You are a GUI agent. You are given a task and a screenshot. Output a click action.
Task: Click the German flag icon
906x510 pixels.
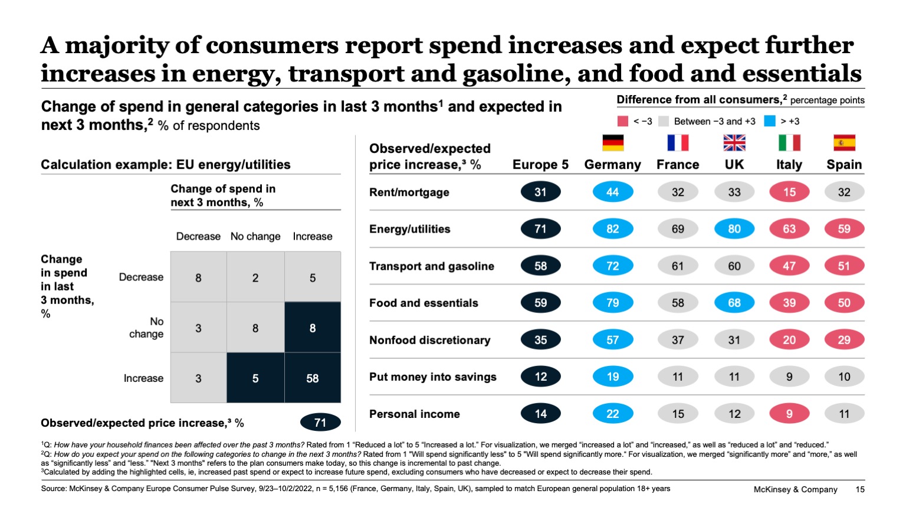click(612, 143)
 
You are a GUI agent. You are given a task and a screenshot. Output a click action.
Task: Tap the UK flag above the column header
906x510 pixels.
click(734, 143)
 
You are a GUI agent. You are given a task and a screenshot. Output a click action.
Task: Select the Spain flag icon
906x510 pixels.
click(844, 143)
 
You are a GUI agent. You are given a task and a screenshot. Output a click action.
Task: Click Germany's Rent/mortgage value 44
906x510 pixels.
click(612, 192)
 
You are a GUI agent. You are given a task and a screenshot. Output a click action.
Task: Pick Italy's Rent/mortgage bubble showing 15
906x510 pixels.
click(789, 192)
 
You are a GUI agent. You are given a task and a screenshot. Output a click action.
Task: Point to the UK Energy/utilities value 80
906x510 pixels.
click(734, 229)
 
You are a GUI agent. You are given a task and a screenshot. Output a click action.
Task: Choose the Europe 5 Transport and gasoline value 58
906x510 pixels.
click(540, 266)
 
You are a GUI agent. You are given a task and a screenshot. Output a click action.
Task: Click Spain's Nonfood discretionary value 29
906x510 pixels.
click(844, 340)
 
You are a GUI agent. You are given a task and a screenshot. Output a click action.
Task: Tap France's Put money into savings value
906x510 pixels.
click(678, 377)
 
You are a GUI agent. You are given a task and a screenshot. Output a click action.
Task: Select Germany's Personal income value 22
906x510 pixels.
click(612, 414)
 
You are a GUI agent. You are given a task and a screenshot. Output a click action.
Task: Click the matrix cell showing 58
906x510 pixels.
click(313, 378)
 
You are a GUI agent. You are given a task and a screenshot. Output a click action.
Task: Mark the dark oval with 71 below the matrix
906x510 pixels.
click(320, 423)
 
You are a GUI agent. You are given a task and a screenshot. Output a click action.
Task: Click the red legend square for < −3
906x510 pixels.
click(623, 121)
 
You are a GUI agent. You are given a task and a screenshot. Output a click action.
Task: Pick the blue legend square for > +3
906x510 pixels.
click(769, 121)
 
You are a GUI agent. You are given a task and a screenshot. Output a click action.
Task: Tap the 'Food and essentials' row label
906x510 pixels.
click(424, 303)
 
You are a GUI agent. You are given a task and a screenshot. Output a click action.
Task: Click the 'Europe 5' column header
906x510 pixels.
click(540, 165)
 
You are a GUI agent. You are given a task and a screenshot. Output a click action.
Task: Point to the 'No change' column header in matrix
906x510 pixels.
click(255, 237)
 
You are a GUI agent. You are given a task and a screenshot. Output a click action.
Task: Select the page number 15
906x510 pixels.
click(859, 489)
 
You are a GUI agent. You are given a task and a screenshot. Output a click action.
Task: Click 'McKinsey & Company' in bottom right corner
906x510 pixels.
click(795, 489)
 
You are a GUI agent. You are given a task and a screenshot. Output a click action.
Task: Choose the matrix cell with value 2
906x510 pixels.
click(255, 277)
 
